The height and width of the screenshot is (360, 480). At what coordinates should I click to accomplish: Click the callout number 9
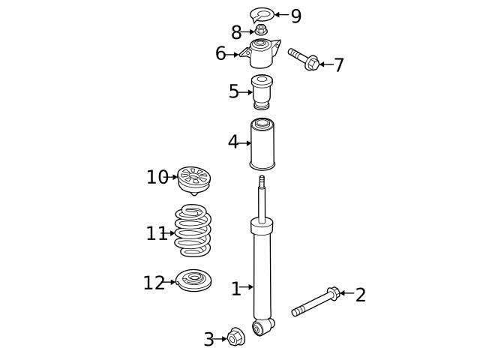point(296,16)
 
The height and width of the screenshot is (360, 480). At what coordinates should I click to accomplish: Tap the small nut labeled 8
point(261,30)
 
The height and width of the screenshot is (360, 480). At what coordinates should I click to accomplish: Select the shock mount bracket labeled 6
point(260,53)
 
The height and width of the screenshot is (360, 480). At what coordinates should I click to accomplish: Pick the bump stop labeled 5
point(261,91)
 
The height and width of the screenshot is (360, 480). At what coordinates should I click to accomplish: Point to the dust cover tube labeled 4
point(262,143)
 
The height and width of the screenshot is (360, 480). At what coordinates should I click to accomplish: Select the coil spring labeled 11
point(193,231)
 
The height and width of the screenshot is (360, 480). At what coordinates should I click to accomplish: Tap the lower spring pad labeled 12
point(194,281)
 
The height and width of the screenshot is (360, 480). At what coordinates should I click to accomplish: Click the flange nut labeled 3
point(236,338)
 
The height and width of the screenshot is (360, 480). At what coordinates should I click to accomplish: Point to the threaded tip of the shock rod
point(262,181)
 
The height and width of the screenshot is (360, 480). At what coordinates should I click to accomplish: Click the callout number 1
point(235,289)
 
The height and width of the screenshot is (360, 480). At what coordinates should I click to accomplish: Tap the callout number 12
point(154,283)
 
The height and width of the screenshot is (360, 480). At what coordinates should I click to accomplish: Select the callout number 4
point(233,142)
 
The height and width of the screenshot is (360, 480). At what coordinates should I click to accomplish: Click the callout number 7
point(339,65)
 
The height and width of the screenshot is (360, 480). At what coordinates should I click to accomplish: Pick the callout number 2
point(361,295)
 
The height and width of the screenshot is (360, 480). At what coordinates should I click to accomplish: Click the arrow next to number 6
point(233,54)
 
